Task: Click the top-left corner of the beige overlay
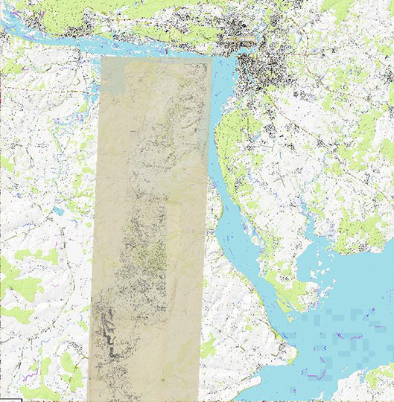click(x=101, y=57)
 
